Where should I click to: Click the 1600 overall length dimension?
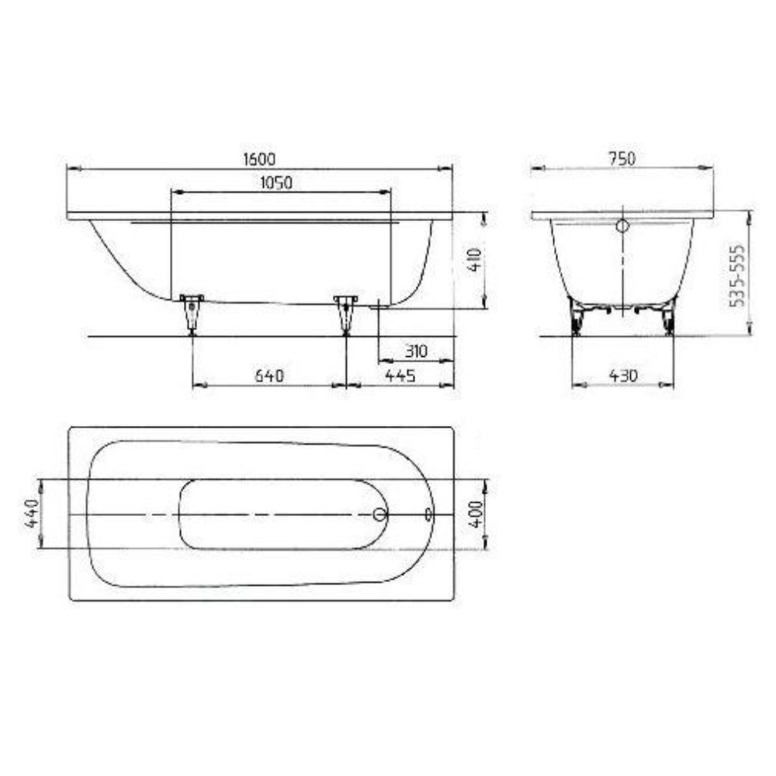tap(259, 159)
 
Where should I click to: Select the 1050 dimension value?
tap(276, 182)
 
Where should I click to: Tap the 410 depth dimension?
tap(474, 260)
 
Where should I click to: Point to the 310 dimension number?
tap(416, 351)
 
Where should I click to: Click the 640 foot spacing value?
tap(269, 376)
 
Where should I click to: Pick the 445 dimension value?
tap(400, 376)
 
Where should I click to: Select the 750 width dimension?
tap(622, 158)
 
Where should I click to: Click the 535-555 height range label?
tap(737, 275)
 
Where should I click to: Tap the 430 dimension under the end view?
tap(623, 376)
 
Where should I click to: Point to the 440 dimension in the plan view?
tap(31, 513)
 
